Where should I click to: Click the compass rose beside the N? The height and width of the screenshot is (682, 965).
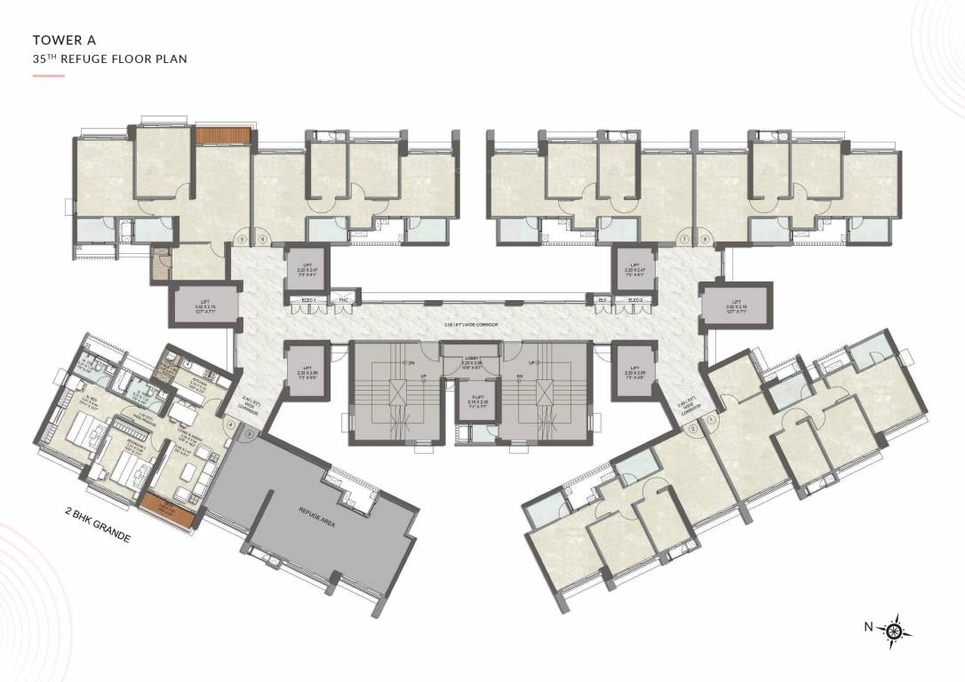click(x=895, y=630)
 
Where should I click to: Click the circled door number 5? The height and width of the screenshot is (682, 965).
click(x=242, y=239)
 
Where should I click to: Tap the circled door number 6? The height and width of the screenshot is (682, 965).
click(x=262, y=239)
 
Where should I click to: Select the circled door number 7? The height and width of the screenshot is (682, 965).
click(x=683, y=239)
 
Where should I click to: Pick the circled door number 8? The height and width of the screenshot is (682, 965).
click(x=705, y=239)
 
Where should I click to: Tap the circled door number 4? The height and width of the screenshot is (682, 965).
click(x=231, y=424)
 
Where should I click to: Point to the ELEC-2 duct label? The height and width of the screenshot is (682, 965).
click(x=635, y=301)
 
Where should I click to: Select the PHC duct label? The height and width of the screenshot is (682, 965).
click(x=343, y=301)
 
